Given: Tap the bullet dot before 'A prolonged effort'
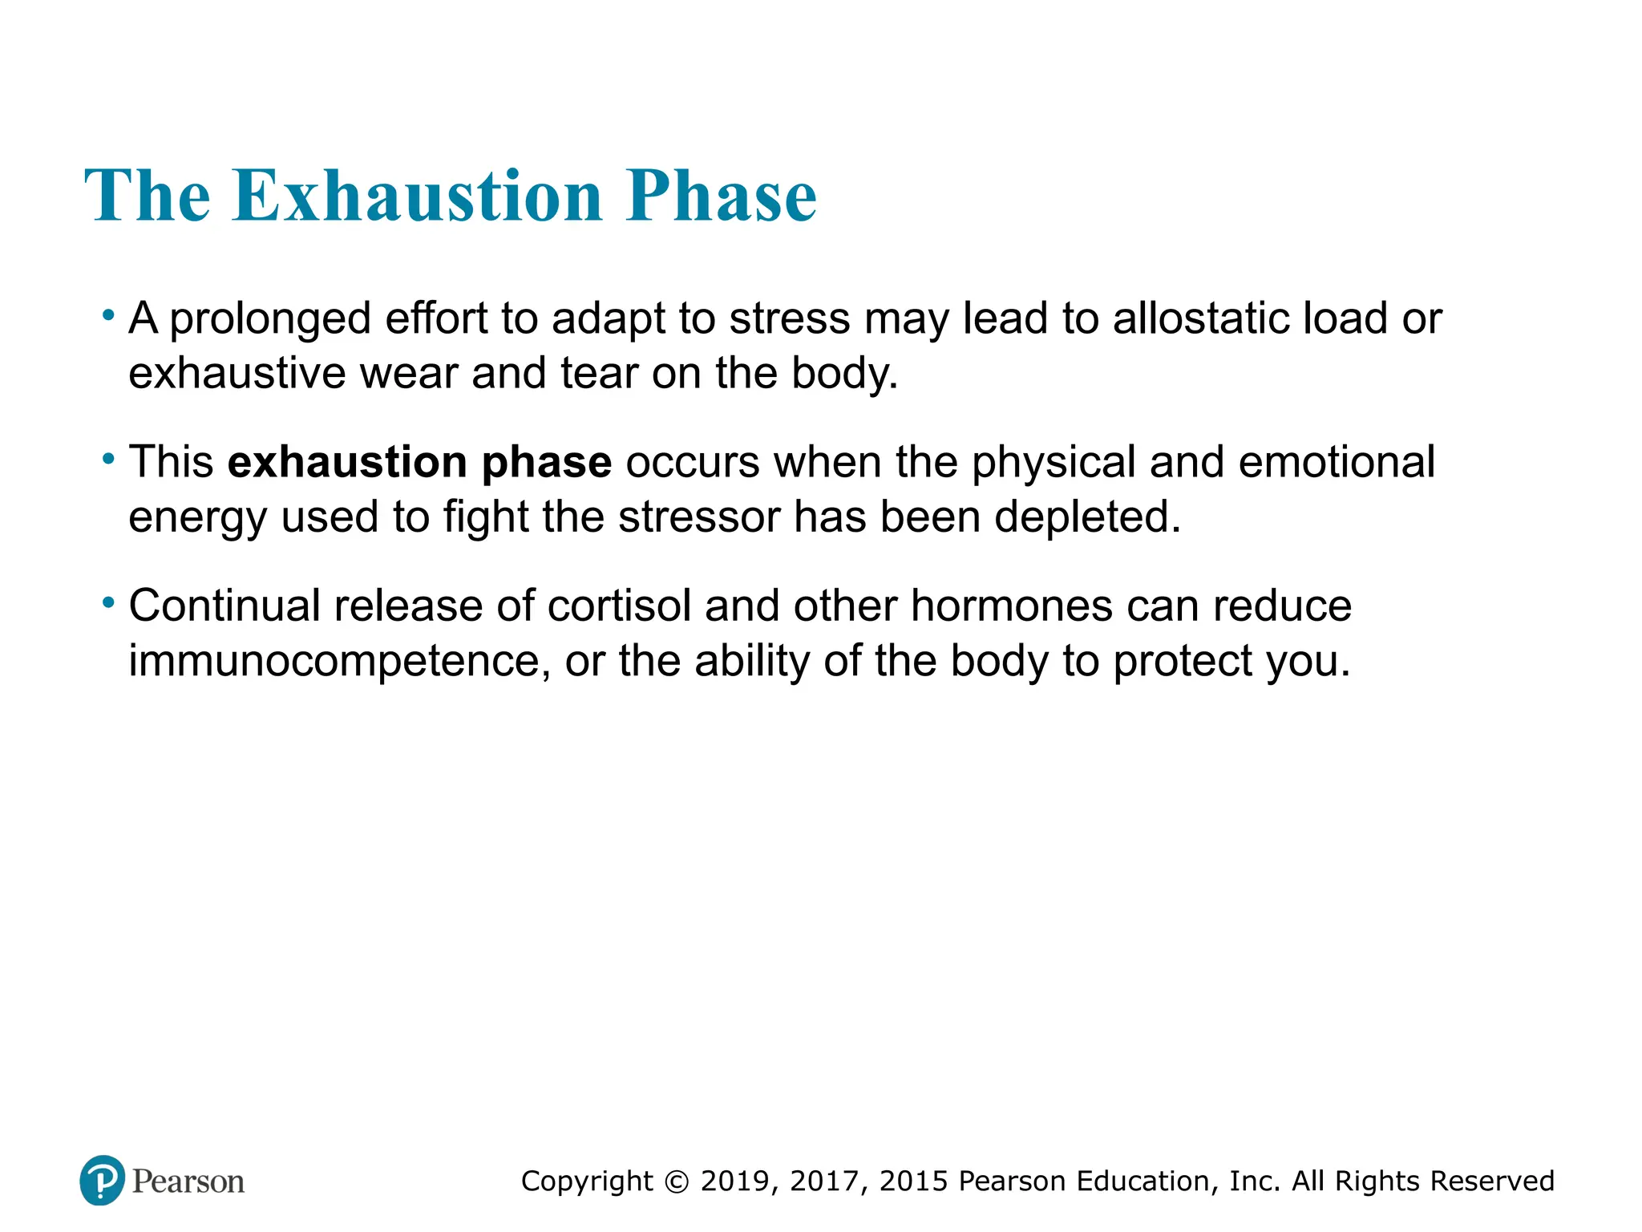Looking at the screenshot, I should point(108,315).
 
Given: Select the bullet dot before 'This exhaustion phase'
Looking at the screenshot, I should point(108,459).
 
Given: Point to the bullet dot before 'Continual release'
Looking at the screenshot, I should point(108,602).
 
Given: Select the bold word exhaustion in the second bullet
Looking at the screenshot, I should point(346,462).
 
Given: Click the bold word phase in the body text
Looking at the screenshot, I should point(546,464).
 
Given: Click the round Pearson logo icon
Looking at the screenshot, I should point(102,1181).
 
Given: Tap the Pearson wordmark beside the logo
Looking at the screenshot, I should point(188,1181).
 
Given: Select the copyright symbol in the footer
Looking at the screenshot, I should point(677,1181).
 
